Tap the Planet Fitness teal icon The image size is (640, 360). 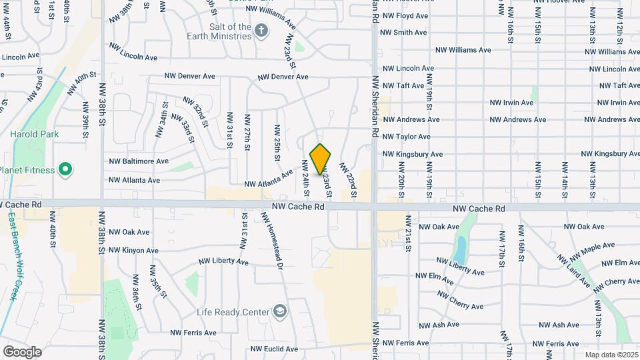pos(65,169)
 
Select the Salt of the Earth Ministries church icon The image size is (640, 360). pos(261,30)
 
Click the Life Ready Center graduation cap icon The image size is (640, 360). pos(281,311)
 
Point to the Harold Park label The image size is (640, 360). pos(35,134)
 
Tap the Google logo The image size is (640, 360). pos(22,351)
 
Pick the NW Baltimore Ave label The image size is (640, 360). pos(139,161)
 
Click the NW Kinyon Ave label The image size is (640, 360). pos(134,251)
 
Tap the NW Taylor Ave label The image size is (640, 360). pos(406,137)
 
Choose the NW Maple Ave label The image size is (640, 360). pos(577,251)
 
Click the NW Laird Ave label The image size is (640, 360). pos(575,271)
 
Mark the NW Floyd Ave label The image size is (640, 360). pos(406,15)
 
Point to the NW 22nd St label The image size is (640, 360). pos(349,180)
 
